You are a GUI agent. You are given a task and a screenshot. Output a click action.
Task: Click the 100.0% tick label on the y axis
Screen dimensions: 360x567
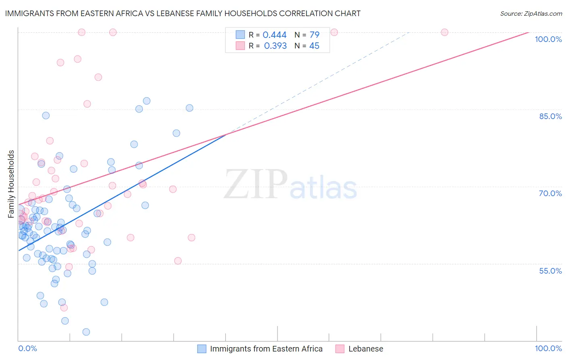click(548, 39)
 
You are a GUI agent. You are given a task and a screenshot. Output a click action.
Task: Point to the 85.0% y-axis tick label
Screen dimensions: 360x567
click(550, 116)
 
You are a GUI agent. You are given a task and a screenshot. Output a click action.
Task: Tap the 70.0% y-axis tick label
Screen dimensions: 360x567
click(550, 193)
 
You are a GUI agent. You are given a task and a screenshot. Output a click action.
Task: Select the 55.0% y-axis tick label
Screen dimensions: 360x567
click(550, 271)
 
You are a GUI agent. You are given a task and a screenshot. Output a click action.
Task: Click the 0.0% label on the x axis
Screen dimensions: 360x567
click(27, 348)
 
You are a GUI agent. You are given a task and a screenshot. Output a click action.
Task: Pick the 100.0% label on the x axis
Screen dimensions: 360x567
click(548, 348)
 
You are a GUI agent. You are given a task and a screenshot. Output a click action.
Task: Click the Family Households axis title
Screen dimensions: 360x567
click(11, 184)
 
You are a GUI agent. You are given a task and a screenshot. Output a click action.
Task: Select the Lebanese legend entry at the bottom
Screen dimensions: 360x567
click(365, 349)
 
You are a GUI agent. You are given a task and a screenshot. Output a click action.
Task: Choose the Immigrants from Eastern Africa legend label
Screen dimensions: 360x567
click(266, 349)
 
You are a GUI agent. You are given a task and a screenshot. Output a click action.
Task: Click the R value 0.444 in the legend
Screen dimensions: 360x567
click(274, 35)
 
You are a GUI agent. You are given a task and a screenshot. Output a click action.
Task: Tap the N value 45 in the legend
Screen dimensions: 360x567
click(314, 46)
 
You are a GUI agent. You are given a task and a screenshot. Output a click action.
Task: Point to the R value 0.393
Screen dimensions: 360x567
click(275, 46)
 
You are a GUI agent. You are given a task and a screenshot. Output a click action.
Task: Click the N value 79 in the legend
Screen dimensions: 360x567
click(314, 35)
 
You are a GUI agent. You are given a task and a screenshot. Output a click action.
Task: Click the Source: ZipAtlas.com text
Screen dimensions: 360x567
click(531, 14)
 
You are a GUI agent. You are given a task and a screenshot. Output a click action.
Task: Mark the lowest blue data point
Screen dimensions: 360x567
click(86, 332)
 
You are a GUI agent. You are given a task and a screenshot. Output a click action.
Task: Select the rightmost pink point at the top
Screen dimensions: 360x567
click(444, 32)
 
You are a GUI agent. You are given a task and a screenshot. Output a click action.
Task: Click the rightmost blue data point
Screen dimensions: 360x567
click(190, 108)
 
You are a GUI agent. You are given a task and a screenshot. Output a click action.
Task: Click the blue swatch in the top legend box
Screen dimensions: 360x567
click(240, 35)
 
